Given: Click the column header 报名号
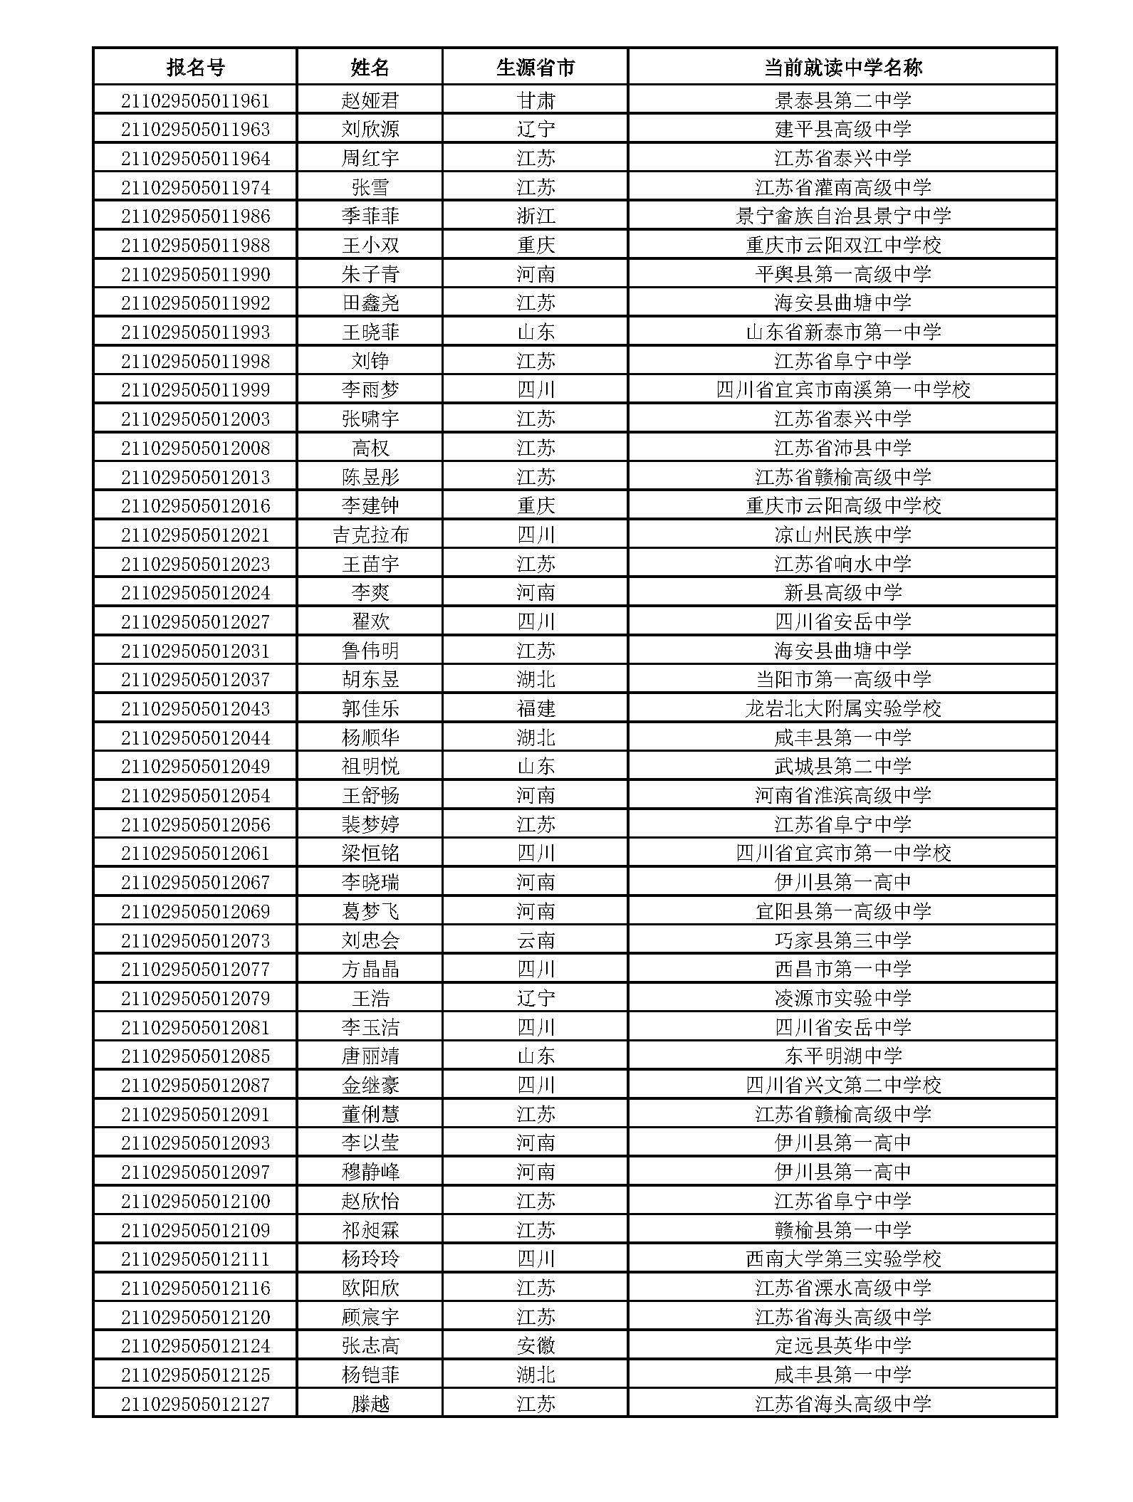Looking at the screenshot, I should [x=195, y=68].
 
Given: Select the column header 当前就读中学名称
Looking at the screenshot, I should [x=842, y=68].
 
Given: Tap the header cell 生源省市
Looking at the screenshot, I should [x=535, y=68].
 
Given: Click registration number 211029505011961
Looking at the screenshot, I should [x=195, y=100].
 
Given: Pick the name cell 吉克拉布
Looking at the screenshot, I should [x=370, y=535].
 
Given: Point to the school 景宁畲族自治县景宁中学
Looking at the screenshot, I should [x=842, y=216].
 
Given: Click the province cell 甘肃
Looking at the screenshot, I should [x=535, y=100].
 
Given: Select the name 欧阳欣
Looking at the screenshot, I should [x=370, y=1288].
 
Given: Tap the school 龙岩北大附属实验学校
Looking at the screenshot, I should [x=842, y=708].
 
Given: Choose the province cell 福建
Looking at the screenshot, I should [x=535, y=708].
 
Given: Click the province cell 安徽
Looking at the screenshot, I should [x=535, y=1345].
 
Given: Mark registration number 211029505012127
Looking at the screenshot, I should [x=195, y=1404].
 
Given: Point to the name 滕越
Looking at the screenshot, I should [x=370, y=1404].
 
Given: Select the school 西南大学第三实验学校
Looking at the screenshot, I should [x=842, y=1259].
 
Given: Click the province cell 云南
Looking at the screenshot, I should [x=535, y=940].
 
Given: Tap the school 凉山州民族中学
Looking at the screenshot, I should [x=842, y=535].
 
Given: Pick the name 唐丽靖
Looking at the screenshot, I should [x=370, y=1056].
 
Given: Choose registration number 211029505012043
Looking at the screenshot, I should [x=195, y=708].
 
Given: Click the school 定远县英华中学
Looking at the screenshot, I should [x=842, y=1345].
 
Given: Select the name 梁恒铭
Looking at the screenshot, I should [x=370, y=853].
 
